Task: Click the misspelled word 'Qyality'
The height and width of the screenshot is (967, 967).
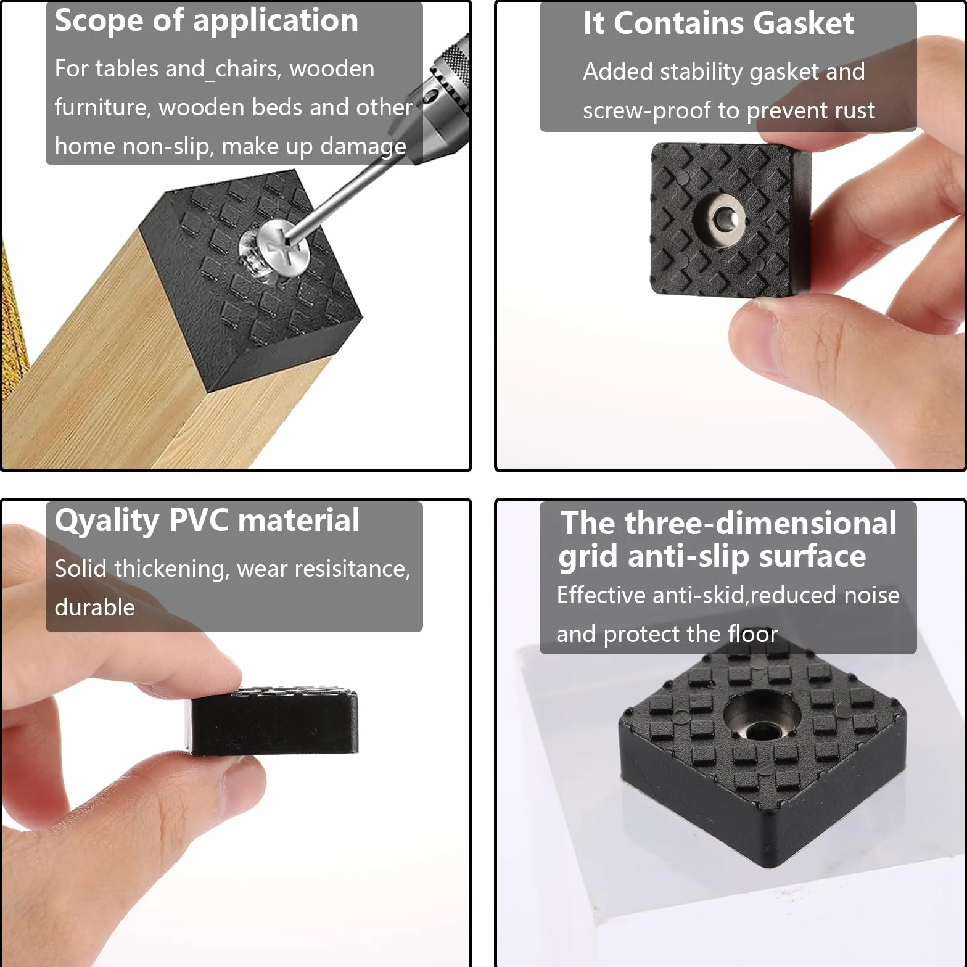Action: pos(107,521)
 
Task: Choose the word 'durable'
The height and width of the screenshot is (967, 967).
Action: pos(94,607)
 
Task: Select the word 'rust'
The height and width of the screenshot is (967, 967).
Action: pos(855,111)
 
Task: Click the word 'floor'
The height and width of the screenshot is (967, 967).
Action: pos(753,634)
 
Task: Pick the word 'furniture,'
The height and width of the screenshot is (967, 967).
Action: pos(102,108)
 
